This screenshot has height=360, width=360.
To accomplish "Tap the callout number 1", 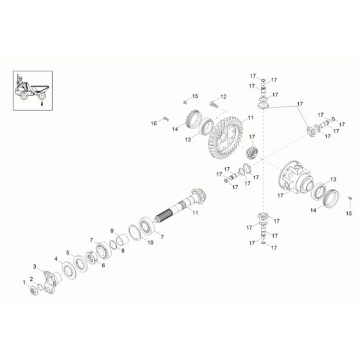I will tap(24, 282).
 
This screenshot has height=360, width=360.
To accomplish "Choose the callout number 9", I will tap(111, 231).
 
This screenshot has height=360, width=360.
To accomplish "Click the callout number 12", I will tap(224, 96).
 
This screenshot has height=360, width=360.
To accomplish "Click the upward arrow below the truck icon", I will tap(42, 100).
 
